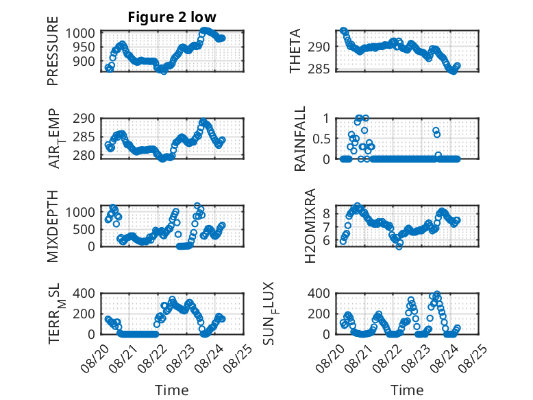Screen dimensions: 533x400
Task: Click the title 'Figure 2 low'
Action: pyautogui.click(x=172, y=17)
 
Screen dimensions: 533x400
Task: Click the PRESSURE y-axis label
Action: pyautogui.click(x=53, y=51)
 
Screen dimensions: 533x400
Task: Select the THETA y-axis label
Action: pyautogui.click(x=295, y=51)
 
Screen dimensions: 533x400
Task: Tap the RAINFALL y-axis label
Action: pyautogui.click(x=300, y=139)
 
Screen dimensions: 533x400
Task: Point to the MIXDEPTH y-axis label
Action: pyautogui.click(x=53, y=226)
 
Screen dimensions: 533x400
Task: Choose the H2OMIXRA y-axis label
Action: pyautogui.click(x=310, y=226)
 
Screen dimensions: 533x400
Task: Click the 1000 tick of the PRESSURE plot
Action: pyautogui.click(x=80, y=34)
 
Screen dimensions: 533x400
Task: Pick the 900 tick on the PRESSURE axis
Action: pyautogui.click(x=84, y=62)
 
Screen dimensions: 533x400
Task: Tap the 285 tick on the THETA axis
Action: pyautogui.click(x=319, y=69)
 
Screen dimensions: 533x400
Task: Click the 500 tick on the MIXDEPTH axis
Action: pyautogui.click(x=84, y=229)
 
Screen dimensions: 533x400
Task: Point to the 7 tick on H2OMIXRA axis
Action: pyautogui.click(x=326, y=226)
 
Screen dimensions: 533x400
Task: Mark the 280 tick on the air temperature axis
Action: pyautogui.click(x=84, y=155)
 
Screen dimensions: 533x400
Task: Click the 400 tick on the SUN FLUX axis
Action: pyautogui.click(x=319, y=293)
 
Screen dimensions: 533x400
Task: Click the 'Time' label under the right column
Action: pyautogui.click(x=407, y=390)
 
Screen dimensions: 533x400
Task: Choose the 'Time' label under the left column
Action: pyautogui.click(x=172, y=390)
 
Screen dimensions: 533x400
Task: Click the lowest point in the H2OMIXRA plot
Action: pyautogui.click(x=399, y=246)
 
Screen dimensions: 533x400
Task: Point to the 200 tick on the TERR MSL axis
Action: pyautogui.click(x=84, y=314)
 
